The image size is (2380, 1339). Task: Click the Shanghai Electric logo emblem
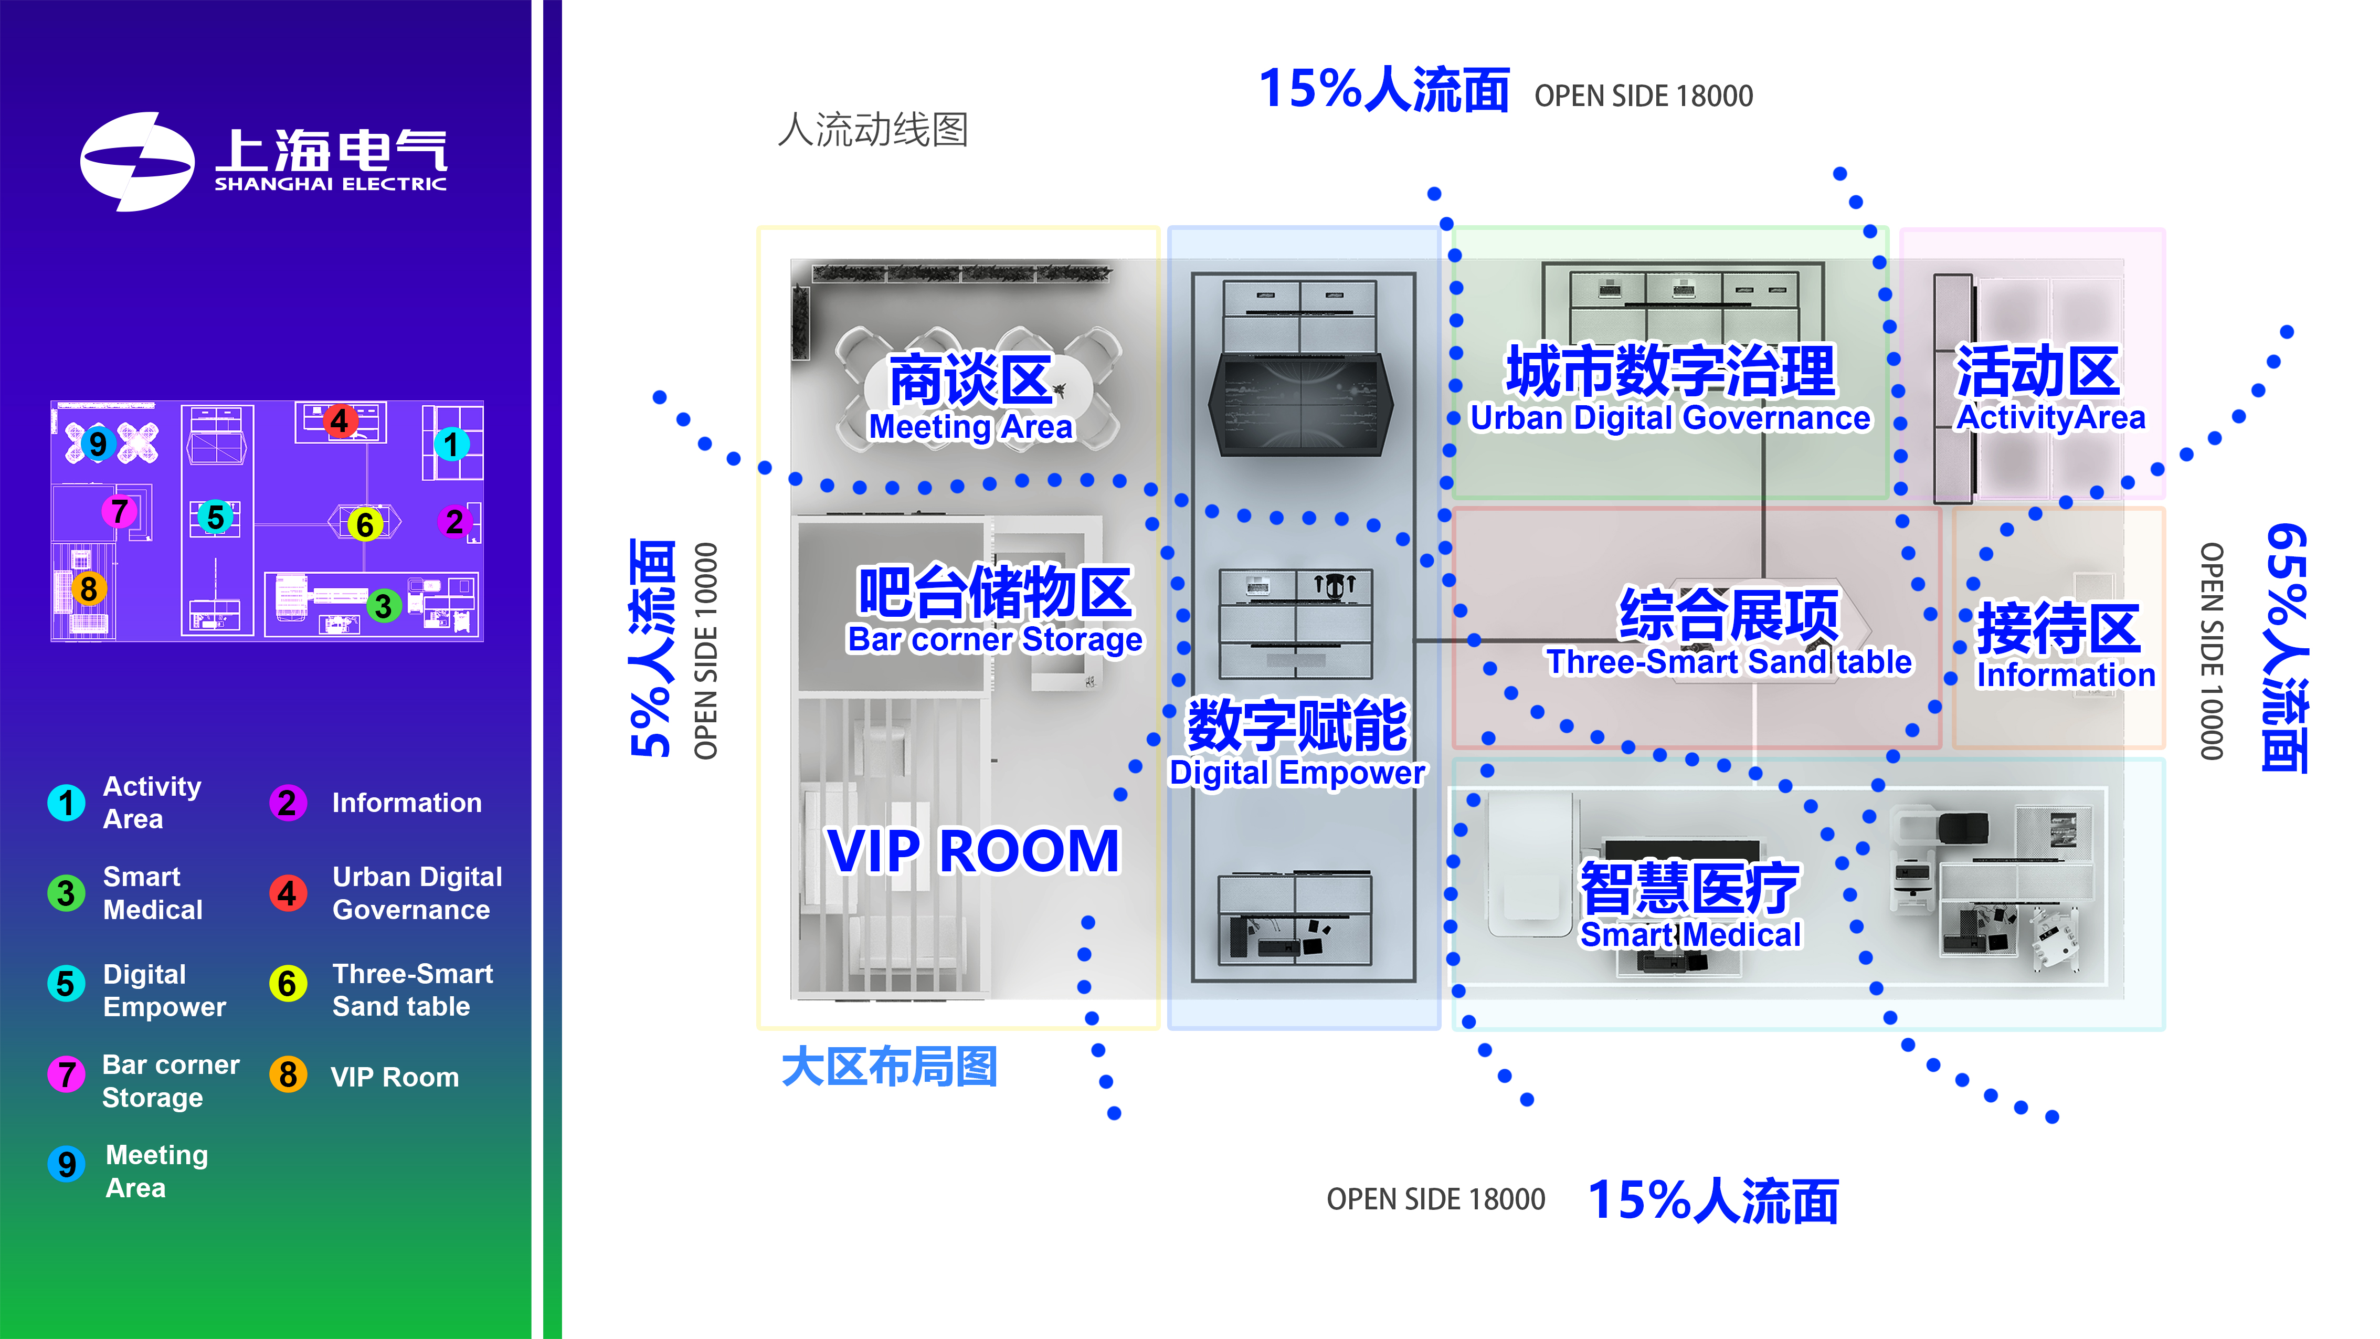click(x=137, y=162)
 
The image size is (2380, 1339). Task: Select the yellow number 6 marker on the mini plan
click(x=365, y=525)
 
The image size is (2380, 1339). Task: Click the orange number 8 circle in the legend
click(x=288, y=1074)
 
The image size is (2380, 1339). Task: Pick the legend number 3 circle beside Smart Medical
click(x=66, y=893)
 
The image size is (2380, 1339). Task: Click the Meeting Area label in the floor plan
click(x=970, y=427)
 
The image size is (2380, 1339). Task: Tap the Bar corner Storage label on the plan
click(x=994, y=639)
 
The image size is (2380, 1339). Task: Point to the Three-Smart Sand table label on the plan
click(x=1729, y=662)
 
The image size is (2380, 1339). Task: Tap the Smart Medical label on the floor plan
click(x=1690, y=934)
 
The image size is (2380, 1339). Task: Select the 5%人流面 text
click(x=651, y=647)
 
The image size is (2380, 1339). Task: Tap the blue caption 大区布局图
click(x=889, y=1067)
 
